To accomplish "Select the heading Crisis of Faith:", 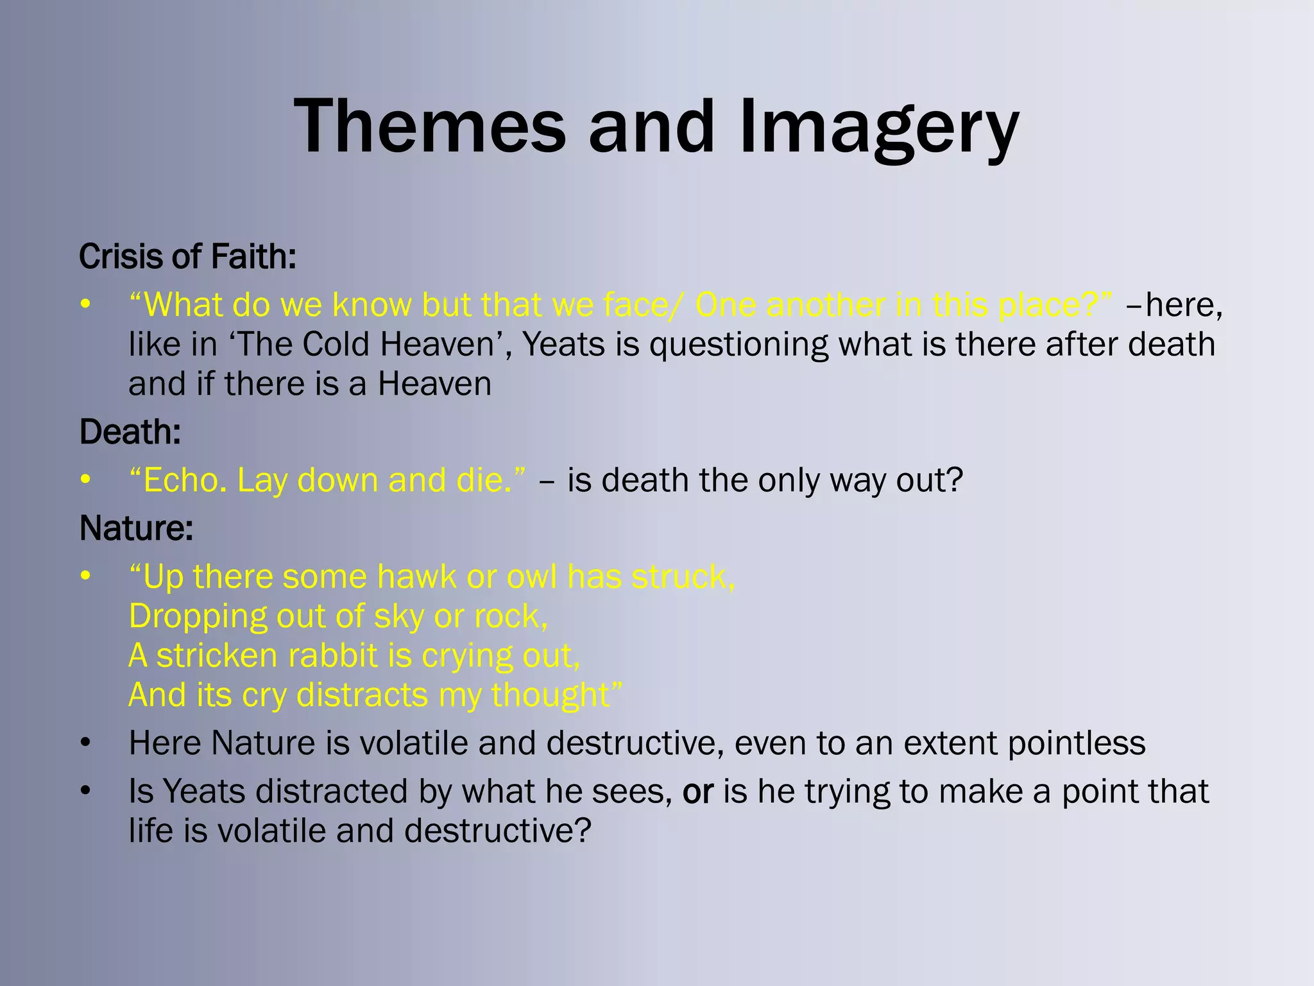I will point(187,256).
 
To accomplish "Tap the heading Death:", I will point(130,432).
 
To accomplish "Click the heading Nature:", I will point(136,528).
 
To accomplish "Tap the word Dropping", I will point(197,616).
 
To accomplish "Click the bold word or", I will point(697,791).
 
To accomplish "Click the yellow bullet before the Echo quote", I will point(85,480).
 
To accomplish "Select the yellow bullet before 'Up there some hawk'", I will point(85,576).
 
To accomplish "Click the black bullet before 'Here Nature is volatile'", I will point(85,743).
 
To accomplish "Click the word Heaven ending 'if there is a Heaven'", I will point(434,384).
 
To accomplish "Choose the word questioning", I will point(738,345).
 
